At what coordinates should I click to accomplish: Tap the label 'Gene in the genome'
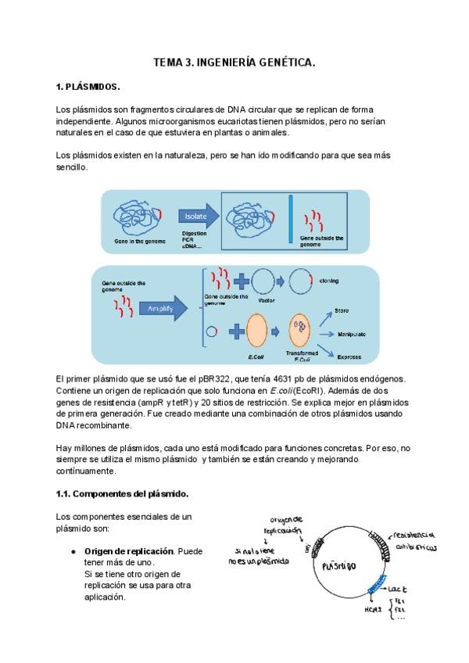(x=140, y=241)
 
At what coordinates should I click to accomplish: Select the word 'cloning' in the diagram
(x=330, y=279)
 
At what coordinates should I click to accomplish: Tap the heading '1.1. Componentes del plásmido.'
(x=122, y=494)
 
